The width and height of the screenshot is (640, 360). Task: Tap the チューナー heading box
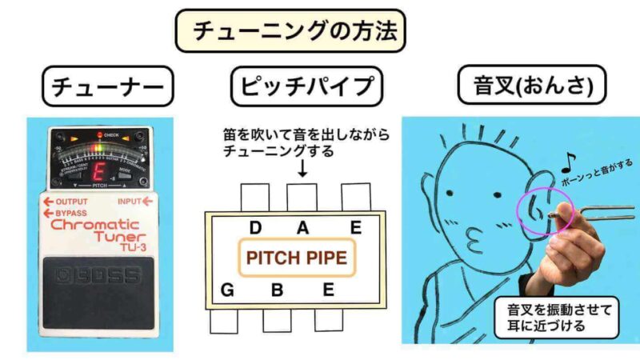click(x=106, y=86)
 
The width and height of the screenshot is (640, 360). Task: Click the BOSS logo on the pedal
click(x=99, y=276)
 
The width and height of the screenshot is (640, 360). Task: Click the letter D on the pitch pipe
click(x=256, y=228)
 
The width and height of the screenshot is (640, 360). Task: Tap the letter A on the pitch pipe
click(x=302, y=228)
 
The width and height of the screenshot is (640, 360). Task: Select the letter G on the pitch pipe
click(x=228, y=290)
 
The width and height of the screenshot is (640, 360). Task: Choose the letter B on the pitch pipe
click(x=277, y=290)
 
